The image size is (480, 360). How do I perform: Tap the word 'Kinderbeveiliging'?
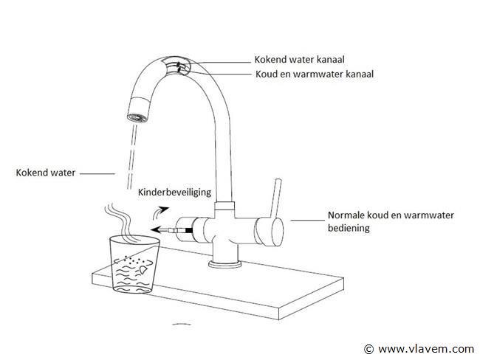click(174, 192)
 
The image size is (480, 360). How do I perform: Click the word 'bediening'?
click(349, 229)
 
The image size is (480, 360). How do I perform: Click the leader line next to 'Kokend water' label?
click(95, 174)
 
